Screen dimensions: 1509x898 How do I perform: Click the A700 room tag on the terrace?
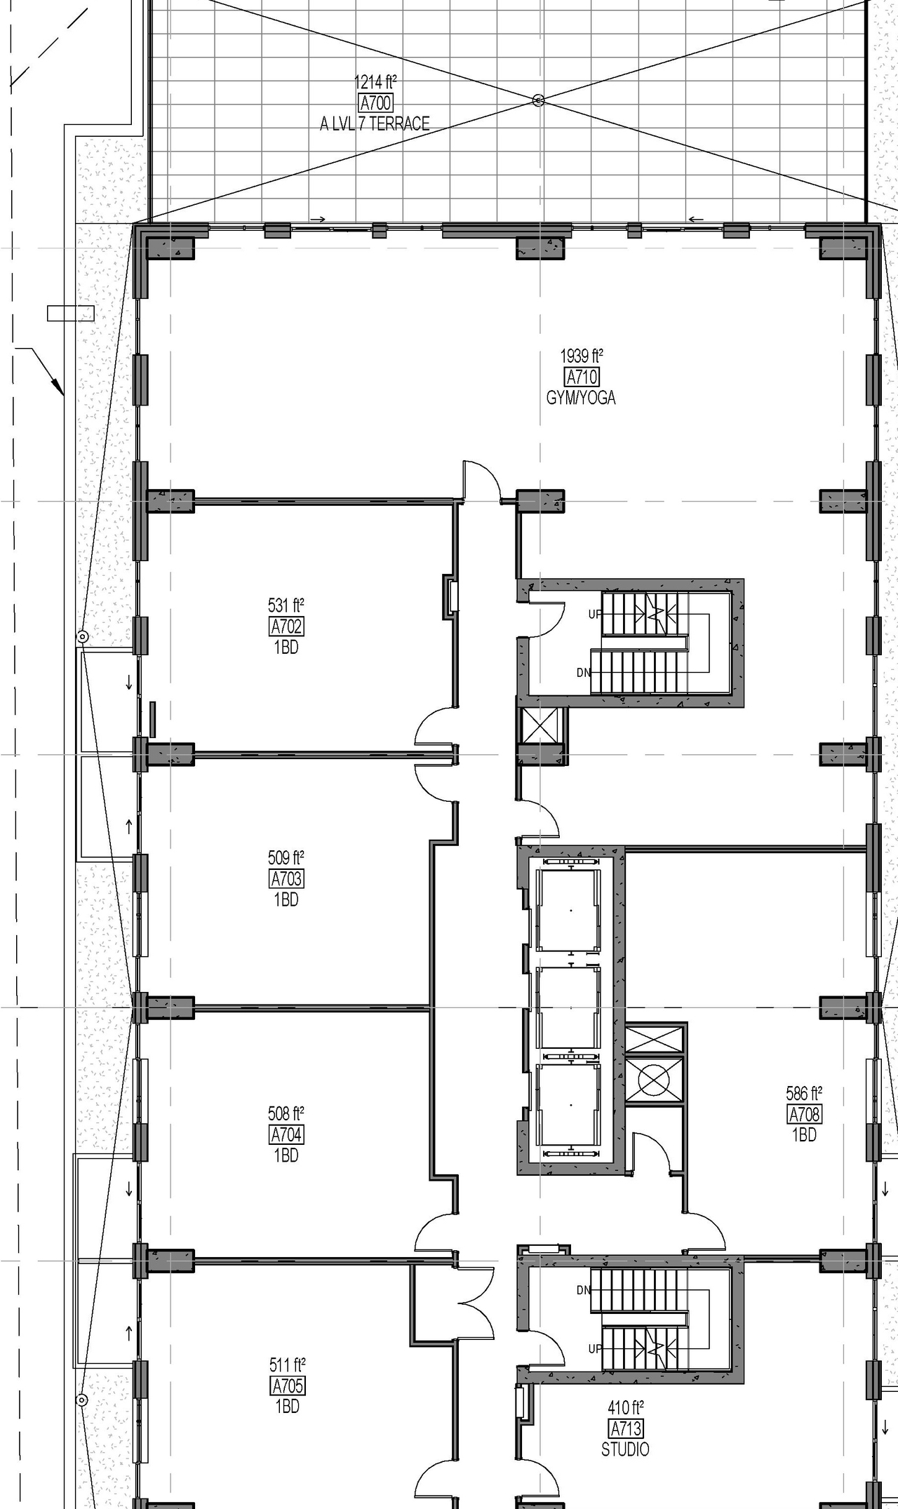375,103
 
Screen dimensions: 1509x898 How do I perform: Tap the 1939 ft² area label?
582,356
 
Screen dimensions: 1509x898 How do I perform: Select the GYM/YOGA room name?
581,398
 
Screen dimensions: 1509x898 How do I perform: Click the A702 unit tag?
286,626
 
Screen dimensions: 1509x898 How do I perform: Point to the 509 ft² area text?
286,857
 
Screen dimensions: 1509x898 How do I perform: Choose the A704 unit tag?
286,1134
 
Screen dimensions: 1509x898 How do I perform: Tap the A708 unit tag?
805,1113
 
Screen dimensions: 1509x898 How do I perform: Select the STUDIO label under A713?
625,1449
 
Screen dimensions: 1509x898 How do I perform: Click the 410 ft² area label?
625,1407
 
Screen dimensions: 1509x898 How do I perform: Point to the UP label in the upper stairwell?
595,615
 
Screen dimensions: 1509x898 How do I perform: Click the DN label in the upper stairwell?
584,673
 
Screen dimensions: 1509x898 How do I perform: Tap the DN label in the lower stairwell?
584,1290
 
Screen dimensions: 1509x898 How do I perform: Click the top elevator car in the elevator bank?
569,910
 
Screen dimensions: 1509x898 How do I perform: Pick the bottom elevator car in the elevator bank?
569,1105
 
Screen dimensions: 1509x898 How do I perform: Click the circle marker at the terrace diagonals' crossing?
538,101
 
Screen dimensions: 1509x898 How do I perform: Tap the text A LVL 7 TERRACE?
375,124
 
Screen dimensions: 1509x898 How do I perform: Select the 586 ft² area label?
804,1093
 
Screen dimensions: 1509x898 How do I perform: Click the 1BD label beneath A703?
286,899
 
